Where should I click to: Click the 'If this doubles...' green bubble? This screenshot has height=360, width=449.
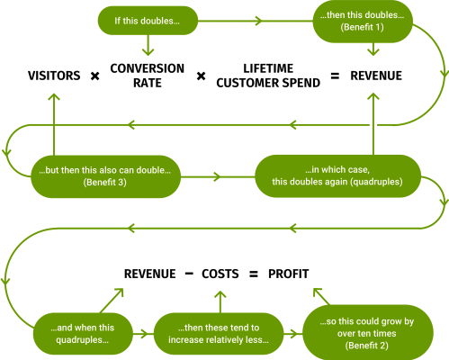(148, 21)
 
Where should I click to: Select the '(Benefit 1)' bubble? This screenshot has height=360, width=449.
(363, 21)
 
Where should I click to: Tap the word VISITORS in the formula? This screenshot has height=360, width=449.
(54, 76)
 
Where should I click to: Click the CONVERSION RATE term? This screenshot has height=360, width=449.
(148, 76)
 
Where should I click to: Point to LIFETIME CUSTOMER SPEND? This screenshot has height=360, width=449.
(268, 76)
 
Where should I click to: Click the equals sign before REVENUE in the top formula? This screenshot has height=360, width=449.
(335, 76)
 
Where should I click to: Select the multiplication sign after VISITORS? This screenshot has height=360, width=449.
(94, 76)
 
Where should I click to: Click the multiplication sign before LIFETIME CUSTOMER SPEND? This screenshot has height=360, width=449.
(201, 76)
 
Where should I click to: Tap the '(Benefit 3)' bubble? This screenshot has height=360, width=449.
(105, 176)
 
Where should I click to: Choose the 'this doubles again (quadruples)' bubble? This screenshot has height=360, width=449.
(337, 176)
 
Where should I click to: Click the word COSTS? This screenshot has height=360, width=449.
(220, 274)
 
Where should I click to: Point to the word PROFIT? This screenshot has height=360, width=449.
(288, 274)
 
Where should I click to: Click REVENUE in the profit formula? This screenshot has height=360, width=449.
(150, 274)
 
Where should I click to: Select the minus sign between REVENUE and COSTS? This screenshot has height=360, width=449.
(189, 274)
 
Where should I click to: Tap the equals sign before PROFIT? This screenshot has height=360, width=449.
(254, 274)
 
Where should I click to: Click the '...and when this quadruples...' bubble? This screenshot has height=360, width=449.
(83, 334)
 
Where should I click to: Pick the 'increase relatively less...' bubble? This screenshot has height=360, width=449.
(219, 334)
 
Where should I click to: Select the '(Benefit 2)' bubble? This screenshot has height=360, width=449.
(368, 332)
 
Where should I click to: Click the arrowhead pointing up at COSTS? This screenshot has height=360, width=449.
(220, 294)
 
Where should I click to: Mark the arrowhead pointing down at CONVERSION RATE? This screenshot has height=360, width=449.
(148, 51)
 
